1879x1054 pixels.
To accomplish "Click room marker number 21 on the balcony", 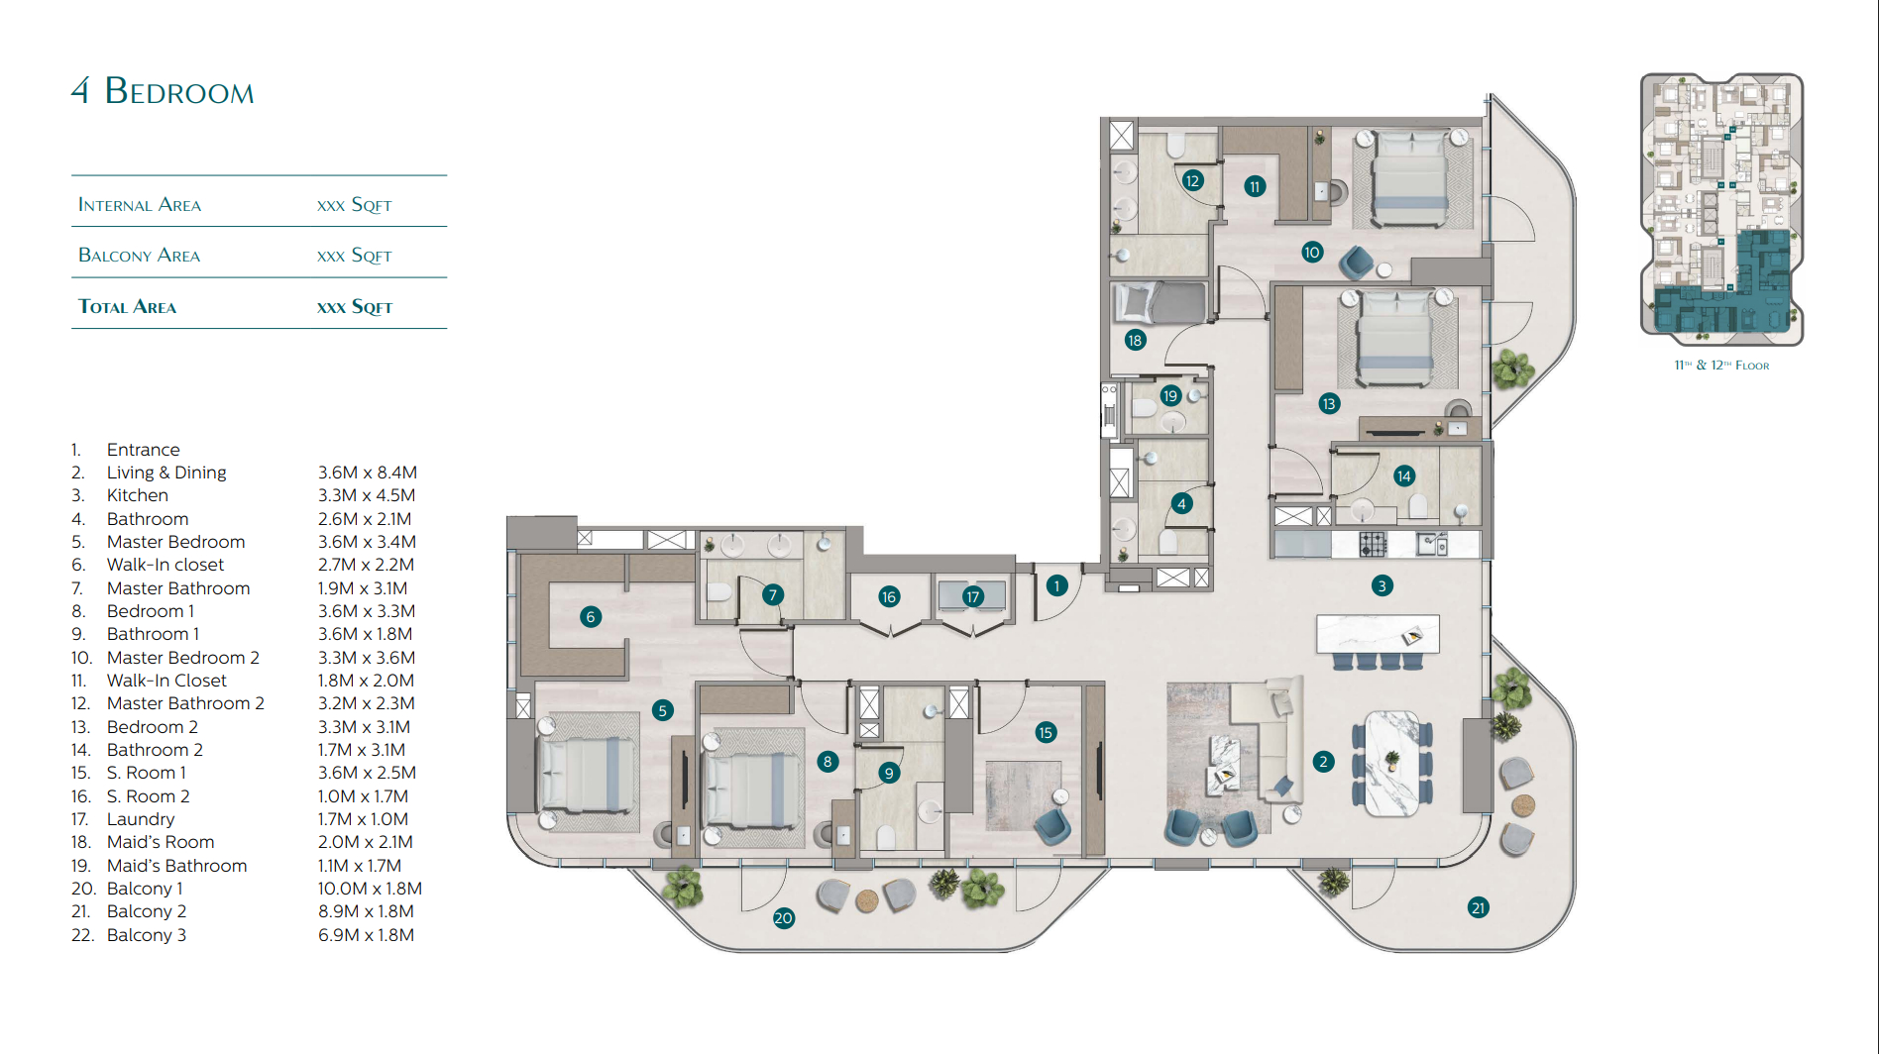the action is [x=1478, y=907].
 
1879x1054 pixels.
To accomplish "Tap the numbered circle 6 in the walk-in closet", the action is [x=591, y=617].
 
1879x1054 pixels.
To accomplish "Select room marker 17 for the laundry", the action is [x=973, y=596].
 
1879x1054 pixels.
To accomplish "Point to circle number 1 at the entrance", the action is [x=1057, y=585].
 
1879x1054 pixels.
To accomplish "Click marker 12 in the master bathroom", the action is [x=1192, y=180].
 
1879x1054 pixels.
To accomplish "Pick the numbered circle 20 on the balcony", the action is [x=783, y=918].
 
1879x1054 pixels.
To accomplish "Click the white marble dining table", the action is [x=1391, y=763].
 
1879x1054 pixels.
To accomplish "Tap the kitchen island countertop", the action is [x=1378, y=633].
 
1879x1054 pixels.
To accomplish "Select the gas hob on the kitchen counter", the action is [x=1373, y=543].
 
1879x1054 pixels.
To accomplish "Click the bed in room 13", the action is [x=1396, y=337].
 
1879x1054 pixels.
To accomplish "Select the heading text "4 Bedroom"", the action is [x=163, y=91].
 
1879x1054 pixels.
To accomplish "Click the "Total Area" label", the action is [x=128, y=307].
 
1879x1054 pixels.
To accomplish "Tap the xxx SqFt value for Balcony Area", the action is [x=355, y=256].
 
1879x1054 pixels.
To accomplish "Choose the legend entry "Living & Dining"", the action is [x=166, y=473].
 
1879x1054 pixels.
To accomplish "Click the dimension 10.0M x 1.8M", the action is [x=370, y=889].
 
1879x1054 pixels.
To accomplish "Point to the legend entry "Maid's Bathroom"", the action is [x=177, y=866].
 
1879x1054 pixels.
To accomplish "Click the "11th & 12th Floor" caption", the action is [x=1721, y=366].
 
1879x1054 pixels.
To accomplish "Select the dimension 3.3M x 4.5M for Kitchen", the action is [x=367, y=495].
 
